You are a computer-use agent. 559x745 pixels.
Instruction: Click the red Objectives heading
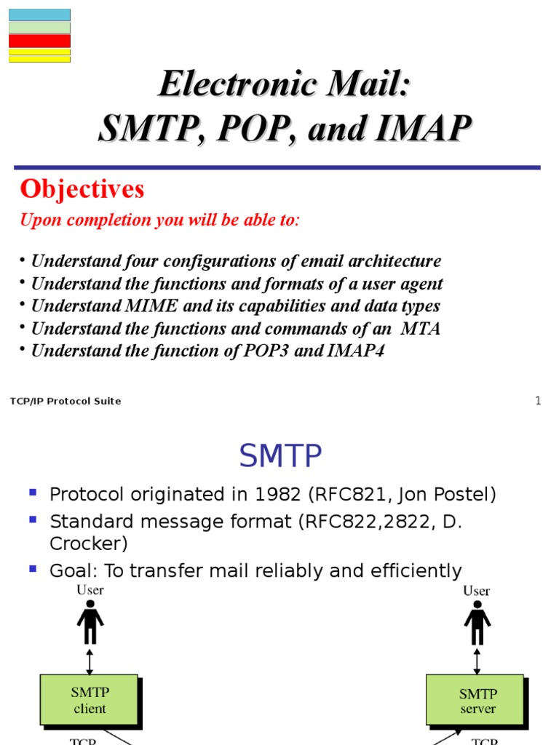click(x=82, y=189)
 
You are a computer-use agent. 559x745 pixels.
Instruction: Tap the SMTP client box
click(x=89, y=700)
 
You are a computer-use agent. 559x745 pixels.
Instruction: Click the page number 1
click(x=538, y=401)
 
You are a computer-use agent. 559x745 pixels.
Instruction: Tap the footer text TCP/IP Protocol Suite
click(x=66, y=402)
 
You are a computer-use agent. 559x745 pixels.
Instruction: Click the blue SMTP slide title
click(x=280, y=457)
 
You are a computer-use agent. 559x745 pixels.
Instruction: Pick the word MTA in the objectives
click(x=421, y=329)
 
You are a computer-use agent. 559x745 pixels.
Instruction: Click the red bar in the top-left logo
click(x=39, y=41)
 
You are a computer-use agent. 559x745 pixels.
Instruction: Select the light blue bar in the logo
click(x=39, y=15)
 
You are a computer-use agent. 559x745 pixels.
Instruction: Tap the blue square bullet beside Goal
click(x=32, y=568)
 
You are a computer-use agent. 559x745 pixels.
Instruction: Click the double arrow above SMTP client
click(x=90, y=661)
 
